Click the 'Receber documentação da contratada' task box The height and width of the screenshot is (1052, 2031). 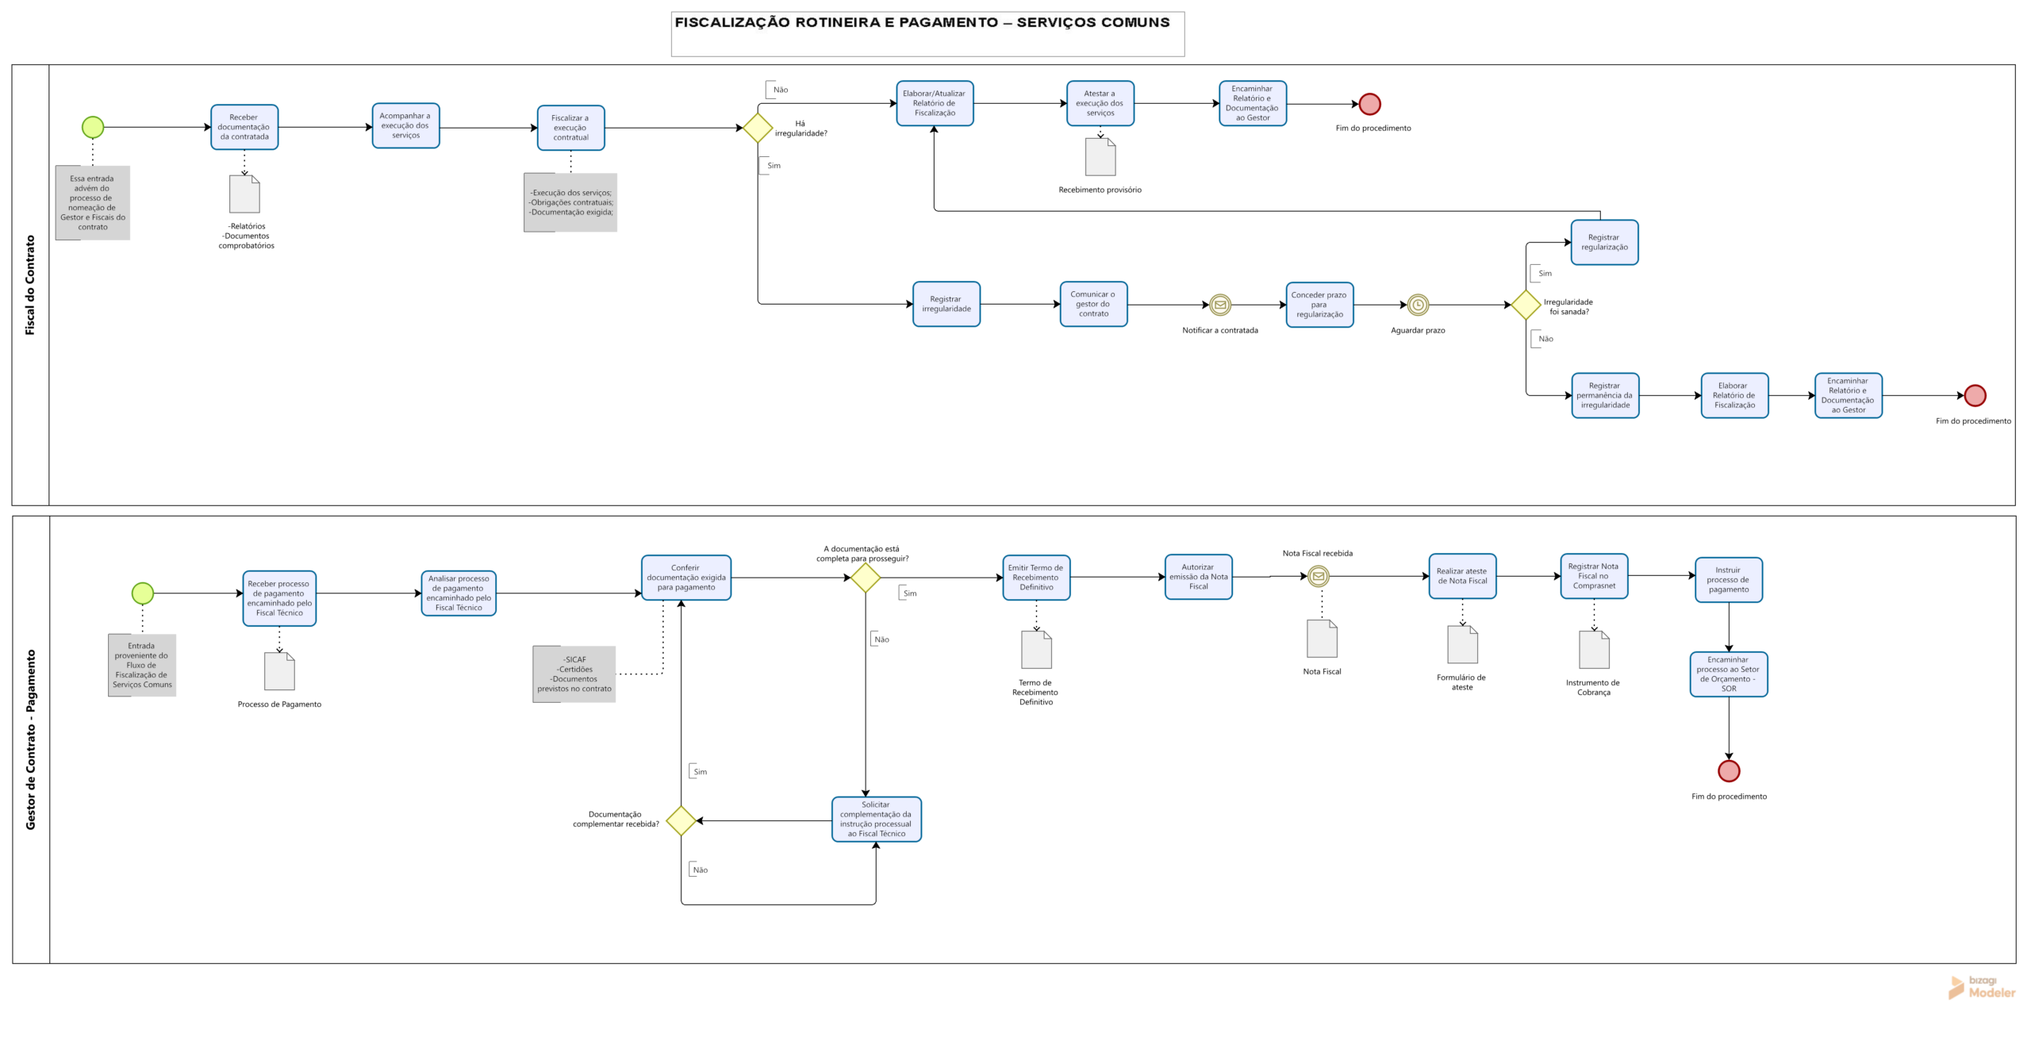(244, 127)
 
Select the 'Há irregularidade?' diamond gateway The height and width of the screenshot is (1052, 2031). (758, 128)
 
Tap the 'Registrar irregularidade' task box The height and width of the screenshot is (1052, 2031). (946, 304)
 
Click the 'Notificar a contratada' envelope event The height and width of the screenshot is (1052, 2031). (1220, 305)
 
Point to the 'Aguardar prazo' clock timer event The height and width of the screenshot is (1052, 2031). (1418, 305)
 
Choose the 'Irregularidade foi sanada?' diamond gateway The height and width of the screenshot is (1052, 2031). (1526, 305)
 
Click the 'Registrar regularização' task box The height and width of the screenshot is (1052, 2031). (1604, 242)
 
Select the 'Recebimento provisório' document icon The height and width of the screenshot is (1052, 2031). (1100, 157)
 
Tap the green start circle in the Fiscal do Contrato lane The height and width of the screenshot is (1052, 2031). (93, 127)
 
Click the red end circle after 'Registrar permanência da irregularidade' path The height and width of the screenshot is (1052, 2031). (1975, 395)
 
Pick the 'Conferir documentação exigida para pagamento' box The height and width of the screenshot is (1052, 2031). (686, 578)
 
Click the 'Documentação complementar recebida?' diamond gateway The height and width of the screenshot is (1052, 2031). (681, 820)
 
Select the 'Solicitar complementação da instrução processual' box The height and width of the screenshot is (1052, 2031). (877, 819)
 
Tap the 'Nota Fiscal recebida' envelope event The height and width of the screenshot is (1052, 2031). (1319, 576)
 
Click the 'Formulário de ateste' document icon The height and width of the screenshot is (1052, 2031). (1463, 644)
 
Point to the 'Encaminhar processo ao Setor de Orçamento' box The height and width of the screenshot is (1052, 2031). (1729, 674)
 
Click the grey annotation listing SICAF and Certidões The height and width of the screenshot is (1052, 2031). (574, 674)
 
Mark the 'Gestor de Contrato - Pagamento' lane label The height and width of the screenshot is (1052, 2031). (31, 739)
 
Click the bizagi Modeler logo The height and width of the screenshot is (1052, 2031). (1982, 987)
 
